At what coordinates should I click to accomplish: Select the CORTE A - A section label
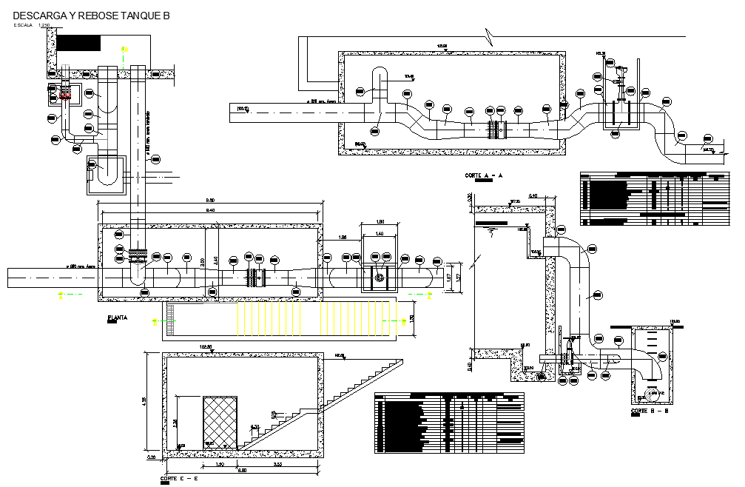tap(484, 175)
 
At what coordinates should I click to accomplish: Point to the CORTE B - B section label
tap(650, 411)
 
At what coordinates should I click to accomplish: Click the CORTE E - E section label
tap(178, 479)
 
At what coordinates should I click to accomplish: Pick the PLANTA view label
tap(118, 318)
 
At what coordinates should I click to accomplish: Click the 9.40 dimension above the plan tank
tap(210, 211)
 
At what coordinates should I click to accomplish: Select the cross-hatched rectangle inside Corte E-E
tap(220, 422)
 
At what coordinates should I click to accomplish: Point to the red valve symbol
tap(65, 95)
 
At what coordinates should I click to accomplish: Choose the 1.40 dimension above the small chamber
tap(380, 233)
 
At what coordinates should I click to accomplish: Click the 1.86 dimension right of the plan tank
tap(343, 237)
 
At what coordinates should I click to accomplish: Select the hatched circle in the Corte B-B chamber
tap(652, 393)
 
